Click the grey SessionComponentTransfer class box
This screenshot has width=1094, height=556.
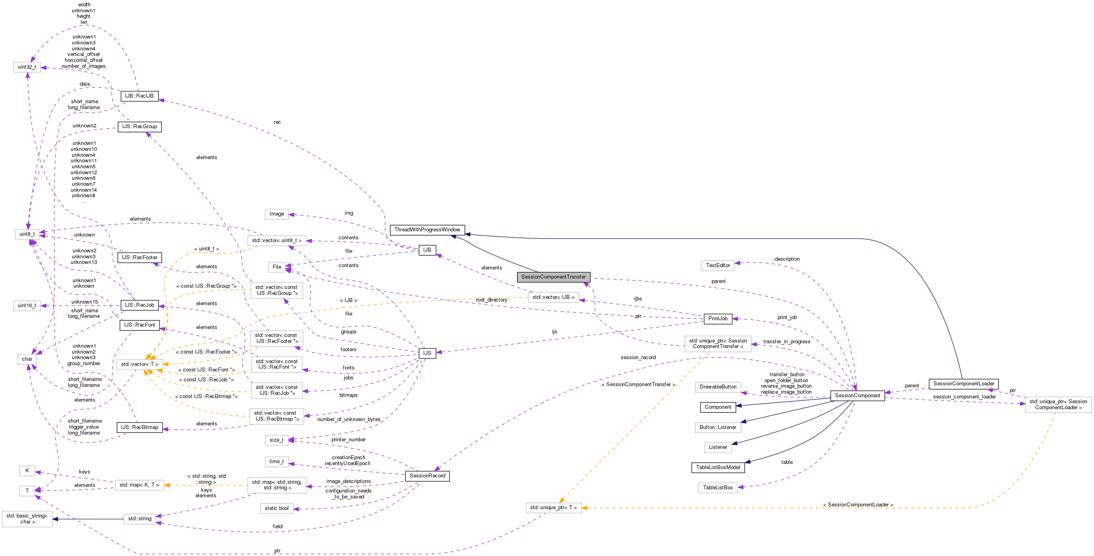point(554,277)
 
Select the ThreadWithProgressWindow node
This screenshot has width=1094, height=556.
point(427,230)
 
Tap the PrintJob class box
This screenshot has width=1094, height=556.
point(718,319)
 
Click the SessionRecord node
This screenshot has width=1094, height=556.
point(427,476)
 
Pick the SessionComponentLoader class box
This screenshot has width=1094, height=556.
point(964,384)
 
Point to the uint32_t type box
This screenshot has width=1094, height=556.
point(27,67)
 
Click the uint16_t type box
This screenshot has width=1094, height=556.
point(27,306)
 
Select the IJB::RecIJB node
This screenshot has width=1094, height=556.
point(139,96)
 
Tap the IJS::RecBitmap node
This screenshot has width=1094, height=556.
point(139,427)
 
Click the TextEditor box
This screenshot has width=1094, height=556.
point(718,265)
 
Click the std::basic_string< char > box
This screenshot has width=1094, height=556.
point(27,519)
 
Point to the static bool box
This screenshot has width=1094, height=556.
point(276,508)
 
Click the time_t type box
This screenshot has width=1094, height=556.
point(276,462)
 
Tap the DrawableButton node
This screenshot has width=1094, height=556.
point(718,387)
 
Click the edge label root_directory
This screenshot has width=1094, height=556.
point(491,300)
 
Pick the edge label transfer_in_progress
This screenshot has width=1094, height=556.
point(787,342)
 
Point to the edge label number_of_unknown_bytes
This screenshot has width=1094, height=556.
point(349,419)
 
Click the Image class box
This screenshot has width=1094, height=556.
point(276,214)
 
